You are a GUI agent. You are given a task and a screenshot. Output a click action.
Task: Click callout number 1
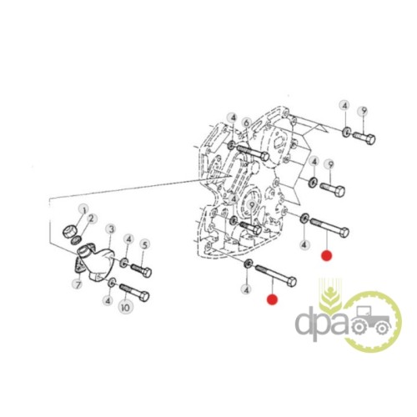[x=84, y=209]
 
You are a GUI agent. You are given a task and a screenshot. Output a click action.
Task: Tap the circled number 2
[x=92, y=219]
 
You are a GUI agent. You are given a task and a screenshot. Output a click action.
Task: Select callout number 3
[x=111, y=229]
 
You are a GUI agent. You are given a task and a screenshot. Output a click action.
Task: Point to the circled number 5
[x=144, y=245]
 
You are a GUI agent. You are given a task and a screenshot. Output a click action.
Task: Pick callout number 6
[x=247, y=123]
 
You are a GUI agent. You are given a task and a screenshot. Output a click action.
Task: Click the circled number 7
[x=78, y=284]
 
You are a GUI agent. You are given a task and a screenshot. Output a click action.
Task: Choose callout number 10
[x=126, y=308]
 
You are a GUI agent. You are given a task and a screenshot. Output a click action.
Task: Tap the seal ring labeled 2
[x=77, y=240]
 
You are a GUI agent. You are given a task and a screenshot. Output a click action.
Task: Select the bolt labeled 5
[x=141, y=270]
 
